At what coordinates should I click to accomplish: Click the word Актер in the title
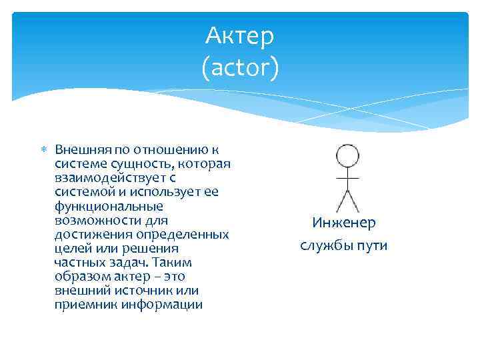[240, 37]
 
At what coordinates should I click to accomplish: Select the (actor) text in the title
[240, 67]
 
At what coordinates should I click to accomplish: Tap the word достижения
[93, 235]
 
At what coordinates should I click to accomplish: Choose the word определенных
[183, 235]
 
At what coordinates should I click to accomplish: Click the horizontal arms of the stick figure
[347, 179]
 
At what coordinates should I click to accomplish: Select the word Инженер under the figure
[344, 223]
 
